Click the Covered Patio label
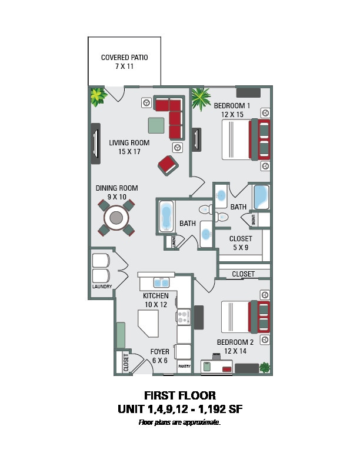pos(125,62)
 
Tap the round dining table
pos(116,218)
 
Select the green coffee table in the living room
pos(156,125)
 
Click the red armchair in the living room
pos(168,165)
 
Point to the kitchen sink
pos(162,282)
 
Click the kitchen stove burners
pos(184,317)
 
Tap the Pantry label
pos(185,366)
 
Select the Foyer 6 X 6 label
pos(160,356)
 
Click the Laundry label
pos(102,287)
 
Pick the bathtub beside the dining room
pos(166,217)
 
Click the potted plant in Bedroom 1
pos(201,98)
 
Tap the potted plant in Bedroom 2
pos(265,368)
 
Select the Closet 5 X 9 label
pos(241,243)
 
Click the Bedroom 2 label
pos(235,347)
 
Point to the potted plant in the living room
pos(98,96)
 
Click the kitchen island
pos(148,324)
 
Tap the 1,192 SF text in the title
pos(221,410)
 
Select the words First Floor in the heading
pos(180,395)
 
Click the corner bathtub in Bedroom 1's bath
pos(261,197)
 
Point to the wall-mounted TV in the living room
pos(95,144)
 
